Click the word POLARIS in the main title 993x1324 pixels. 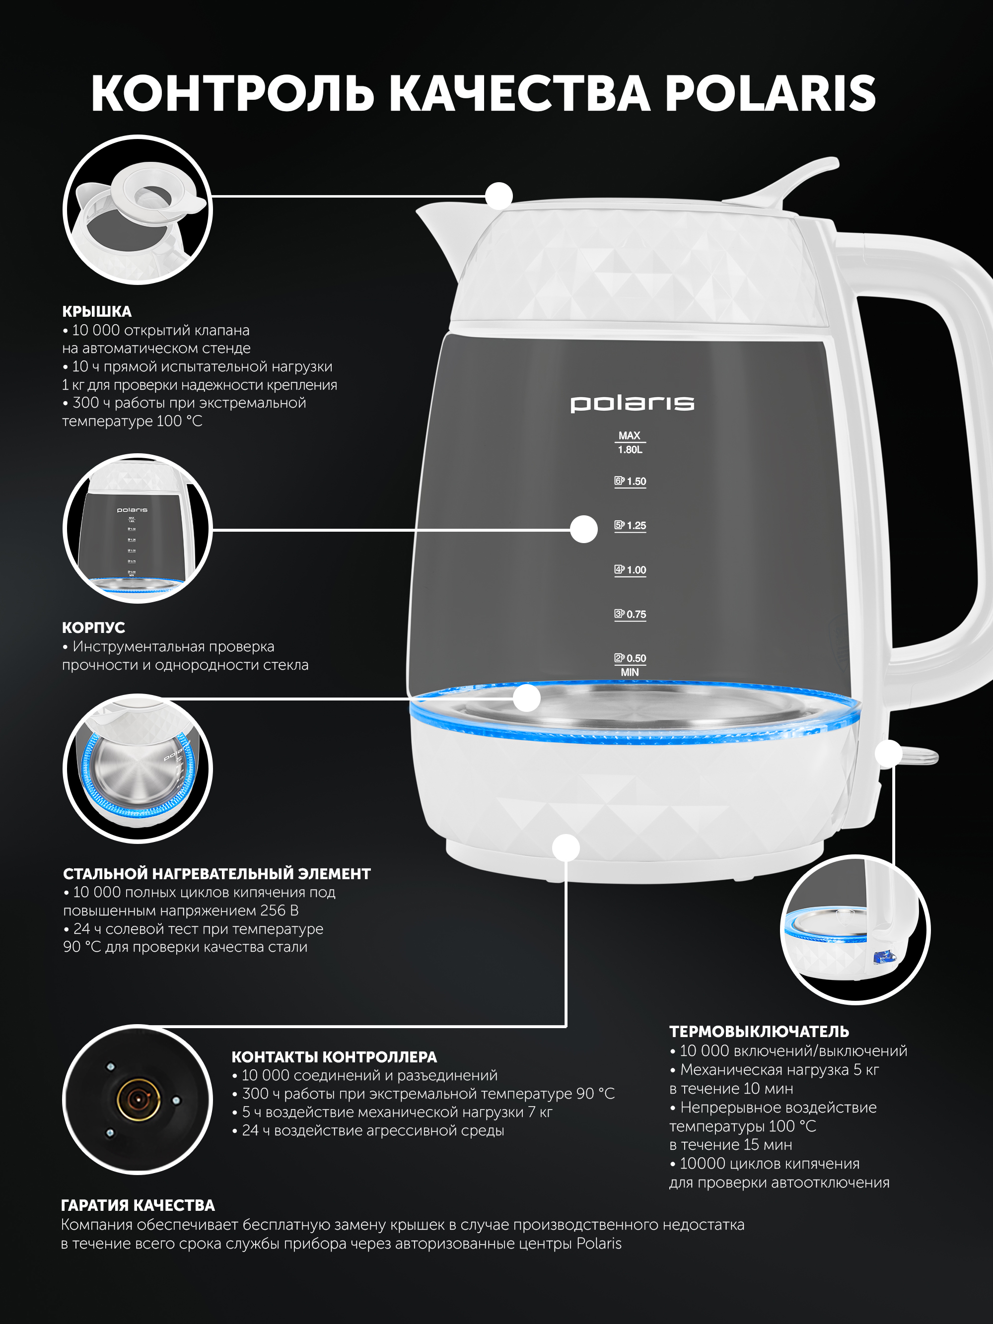pos(771,93)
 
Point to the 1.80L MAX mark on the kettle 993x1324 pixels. pos(630,442)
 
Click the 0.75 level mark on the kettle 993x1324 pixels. pos(630,614)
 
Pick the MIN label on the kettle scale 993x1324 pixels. pos(630,672)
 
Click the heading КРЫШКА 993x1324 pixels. pos(97,311)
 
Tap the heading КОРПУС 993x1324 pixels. pos(93,627)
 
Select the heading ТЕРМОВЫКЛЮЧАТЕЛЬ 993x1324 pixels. pos(759,1031)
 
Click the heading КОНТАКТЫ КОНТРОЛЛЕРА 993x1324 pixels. pos(334,1057)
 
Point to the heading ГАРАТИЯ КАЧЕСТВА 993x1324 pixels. pos(138,1205)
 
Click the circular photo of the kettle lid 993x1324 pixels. pos(138,210)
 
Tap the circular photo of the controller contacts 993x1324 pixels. pos(138,1100)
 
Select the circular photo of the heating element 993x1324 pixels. pos(138,768)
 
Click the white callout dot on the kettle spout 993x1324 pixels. pos(498,196)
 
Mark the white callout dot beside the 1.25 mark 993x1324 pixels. pos(583,529)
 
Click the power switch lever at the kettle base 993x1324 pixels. pos(919,756)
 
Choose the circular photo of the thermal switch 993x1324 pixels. pos(855,929)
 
